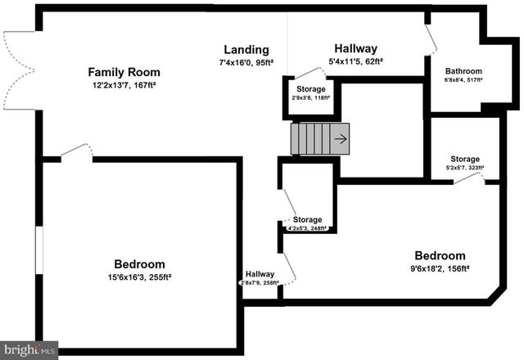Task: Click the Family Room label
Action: [x=124, y=72]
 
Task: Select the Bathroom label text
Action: [x=463, y=71]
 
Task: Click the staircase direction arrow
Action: [x=340, y=139]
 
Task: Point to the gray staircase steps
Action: [x=311, y=139]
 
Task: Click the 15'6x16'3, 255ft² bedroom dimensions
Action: [x=138, y=277]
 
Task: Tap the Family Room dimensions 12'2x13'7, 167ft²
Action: [x=124, y=85]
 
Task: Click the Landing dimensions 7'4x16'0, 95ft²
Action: [x=246, y=62]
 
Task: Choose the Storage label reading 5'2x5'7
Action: [x=464, y=159]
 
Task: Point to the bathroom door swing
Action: [x=427, y=38]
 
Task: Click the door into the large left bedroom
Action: [x=75, y=151]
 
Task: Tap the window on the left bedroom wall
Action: [x=38, y=250]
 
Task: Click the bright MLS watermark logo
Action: [x=29, y=350]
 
